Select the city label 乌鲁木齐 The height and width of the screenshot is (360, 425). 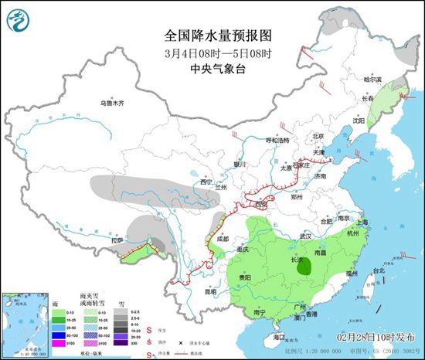[111, 103]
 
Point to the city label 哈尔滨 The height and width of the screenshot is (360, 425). [372, 79]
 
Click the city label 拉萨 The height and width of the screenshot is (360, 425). [117, 241]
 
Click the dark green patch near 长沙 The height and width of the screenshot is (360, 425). [306, 268]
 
